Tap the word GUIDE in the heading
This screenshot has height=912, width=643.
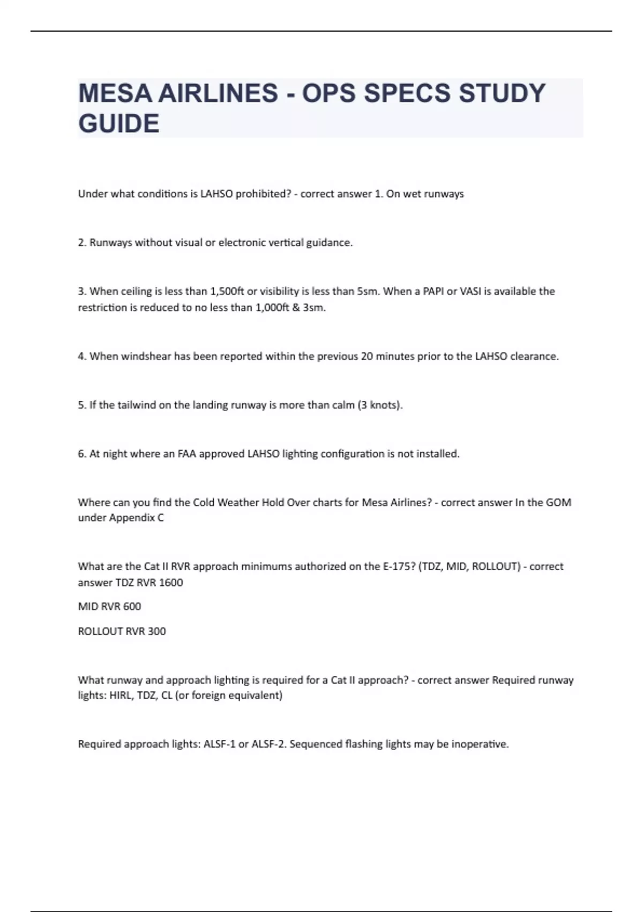tap(119, 124)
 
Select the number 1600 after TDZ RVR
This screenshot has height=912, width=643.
tap(171, 583)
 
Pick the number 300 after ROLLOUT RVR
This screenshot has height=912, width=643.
tap(156, 631)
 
